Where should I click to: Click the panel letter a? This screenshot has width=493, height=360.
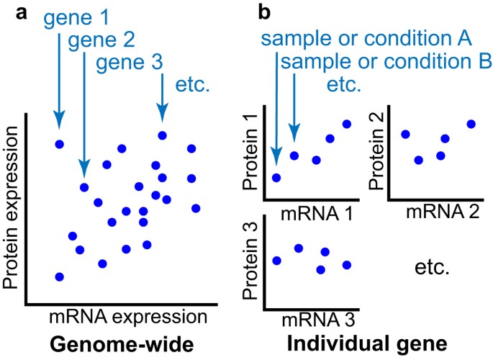(32, 12)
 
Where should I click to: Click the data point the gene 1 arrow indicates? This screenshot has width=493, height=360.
(60, 144)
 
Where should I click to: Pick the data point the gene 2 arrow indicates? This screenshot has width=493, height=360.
(84, 188)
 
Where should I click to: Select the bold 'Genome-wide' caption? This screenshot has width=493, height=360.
(126, 345)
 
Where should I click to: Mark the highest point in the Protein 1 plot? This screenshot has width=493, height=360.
(347, 124)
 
